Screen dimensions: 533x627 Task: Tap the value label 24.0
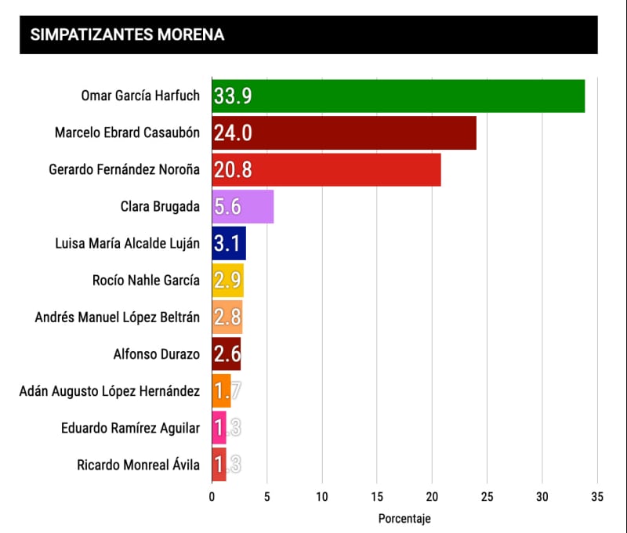pos(232,133)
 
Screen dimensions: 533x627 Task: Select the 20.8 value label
pos(232,170)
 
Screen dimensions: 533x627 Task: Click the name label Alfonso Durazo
pos(157,354)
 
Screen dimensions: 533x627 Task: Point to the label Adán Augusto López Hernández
pos(110,391)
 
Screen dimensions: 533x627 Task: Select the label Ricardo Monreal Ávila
pos(139,465)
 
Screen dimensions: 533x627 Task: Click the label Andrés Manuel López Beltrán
pos(118,317)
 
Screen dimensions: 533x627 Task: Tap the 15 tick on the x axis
pos(377,495)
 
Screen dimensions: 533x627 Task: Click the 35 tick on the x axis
pos(597,495)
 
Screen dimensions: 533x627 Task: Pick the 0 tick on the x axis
pos(212,495)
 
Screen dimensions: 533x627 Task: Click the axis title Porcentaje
pos(404,518)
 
